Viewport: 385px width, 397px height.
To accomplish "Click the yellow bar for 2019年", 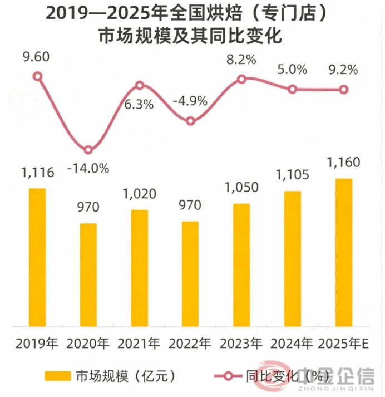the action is coord(37,257).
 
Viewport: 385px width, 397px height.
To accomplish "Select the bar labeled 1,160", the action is coord(343,252).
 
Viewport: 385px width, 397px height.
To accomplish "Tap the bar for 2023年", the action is coord(241,265).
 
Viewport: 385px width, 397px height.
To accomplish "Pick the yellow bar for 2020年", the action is coord(88,275).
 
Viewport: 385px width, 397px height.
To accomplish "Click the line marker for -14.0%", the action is coord(88,150).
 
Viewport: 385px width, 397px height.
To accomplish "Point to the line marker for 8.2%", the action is coord(241,79).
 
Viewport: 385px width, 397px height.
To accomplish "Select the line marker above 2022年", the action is coord(190,121).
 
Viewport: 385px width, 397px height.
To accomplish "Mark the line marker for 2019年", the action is coord(38,76).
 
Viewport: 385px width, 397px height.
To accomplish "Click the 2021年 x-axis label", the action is coord(139,344).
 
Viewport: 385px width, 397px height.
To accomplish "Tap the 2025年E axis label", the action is coord(343,344).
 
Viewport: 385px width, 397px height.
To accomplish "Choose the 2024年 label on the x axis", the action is coord(292,344).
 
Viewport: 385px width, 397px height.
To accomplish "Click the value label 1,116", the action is coord(37,173).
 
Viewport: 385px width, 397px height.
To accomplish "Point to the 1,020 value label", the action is coord(140,194).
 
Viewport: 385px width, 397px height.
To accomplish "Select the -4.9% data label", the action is coord(190,101).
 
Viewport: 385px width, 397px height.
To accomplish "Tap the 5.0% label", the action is coord(292,70).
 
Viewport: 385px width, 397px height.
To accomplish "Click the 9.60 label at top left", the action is coord(36,57).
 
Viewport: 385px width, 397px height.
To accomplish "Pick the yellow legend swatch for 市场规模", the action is coord(58,376).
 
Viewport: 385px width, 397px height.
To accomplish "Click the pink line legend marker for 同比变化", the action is coord(228,376).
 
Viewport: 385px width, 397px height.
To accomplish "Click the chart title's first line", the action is coord(187,13).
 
